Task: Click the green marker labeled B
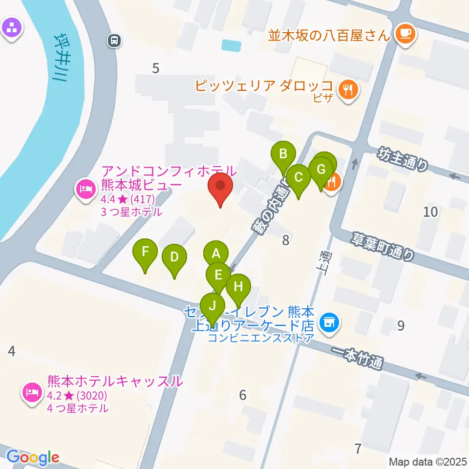283,155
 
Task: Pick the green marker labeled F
145,252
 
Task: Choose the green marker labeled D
174,256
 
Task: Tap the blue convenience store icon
329,322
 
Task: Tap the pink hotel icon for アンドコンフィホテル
86,188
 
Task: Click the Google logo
33,457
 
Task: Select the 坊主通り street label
403,159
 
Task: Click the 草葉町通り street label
384,247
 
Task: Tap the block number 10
430,212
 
